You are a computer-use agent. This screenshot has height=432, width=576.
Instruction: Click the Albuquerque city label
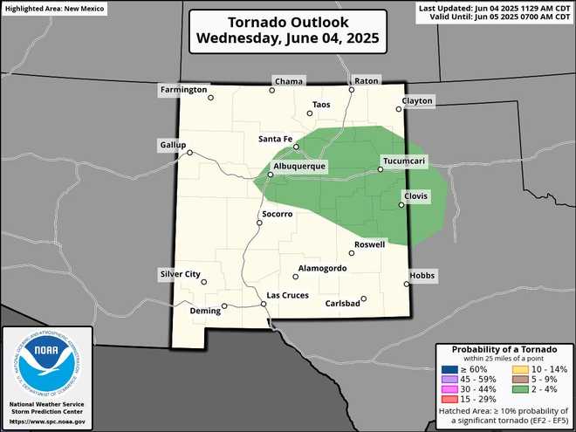pos(299,166)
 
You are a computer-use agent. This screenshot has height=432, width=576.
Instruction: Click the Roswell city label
pos(370,244)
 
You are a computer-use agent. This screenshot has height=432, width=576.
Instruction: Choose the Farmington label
pos(184,90)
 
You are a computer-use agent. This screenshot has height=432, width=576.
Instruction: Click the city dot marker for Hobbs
pos(408,284)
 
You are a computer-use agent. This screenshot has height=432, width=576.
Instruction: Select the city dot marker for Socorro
pos(258,223)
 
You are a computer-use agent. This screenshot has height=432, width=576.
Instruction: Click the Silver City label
pos(181,274)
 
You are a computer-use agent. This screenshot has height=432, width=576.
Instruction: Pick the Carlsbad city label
pos(342,304)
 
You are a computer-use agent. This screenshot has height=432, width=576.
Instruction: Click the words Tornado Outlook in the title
pos(287,22)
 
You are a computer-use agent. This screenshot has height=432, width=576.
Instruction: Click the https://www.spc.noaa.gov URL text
pos(47,422)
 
